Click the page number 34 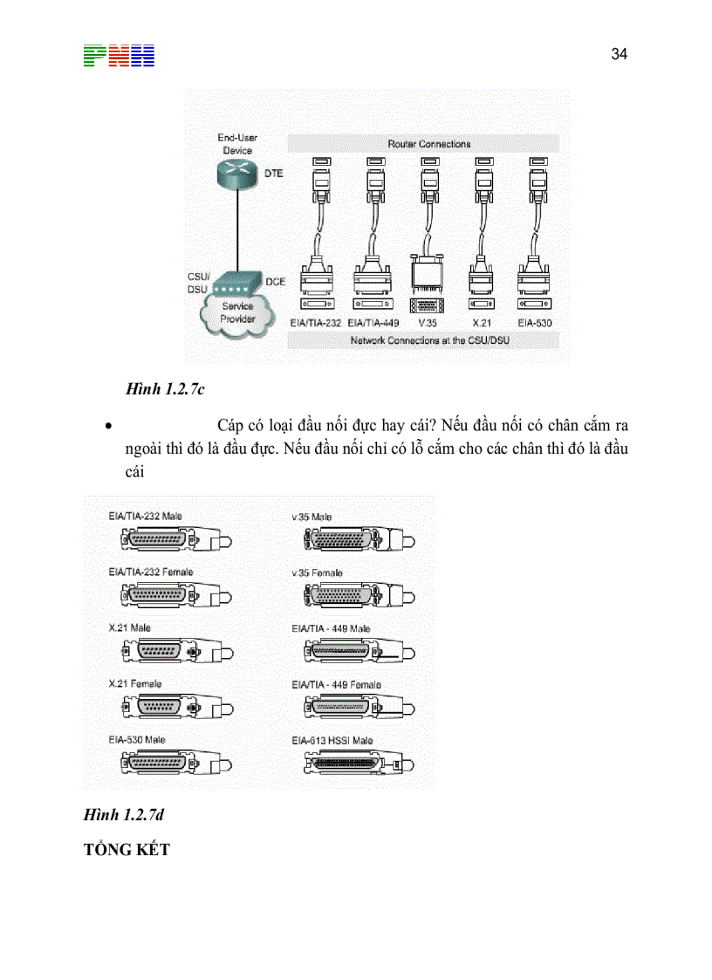619,54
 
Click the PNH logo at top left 120,56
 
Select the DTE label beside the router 273,174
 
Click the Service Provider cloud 236,312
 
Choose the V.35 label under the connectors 427,322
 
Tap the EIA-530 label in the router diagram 532,322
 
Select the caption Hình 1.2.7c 165,390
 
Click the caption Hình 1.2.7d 124,815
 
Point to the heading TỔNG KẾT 127,849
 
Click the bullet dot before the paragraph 106,428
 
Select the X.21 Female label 135,684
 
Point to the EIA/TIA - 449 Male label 331,628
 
